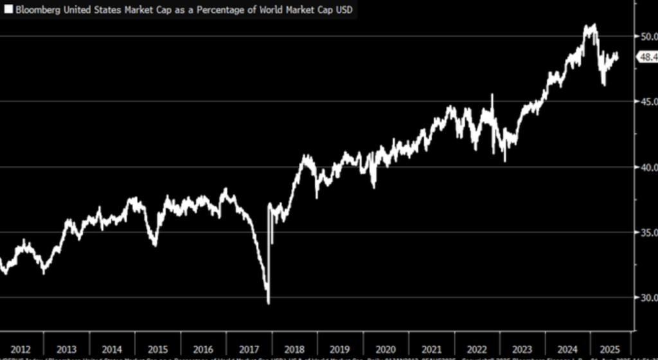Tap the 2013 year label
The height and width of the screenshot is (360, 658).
[x=67, y=348]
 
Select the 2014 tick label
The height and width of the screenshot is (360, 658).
[x=112, y=348]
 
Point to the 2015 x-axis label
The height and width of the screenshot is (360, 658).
[x=157, y=348]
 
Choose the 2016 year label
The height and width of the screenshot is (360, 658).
[x=203, y=348]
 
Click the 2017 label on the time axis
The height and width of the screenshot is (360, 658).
[x=249, y=348]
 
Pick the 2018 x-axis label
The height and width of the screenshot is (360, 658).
[x=294, y=348]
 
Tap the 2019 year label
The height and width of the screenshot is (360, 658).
[x=340, y=348]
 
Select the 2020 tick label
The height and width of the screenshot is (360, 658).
[x=386, y=348]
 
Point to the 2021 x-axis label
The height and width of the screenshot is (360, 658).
[x=431, y=348]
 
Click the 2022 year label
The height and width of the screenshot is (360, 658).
[x=477, y=348]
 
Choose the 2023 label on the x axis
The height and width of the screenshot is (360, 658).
[x=522, y=348]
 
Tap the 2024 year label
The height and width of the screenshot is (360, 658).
[x=568, y=348]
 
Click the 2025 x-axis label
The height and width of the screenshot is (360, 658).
[x=609, y=348]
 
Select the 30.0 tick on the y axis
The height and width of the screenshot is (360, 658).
[x=646, y=298]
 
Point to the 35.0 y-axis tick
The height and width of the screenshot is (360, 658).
[x=646, y=232]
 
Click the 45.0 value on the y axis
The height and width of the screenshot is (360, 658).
[x=646, y=102]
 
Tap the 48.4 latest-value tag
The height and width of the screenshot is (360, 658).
[x=646, y=57]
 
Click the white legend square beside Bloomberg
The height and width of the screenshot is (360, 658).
[x=8, y=11]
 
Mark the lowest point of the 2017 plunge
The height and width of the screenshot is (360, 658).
[x=268, y=303]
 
